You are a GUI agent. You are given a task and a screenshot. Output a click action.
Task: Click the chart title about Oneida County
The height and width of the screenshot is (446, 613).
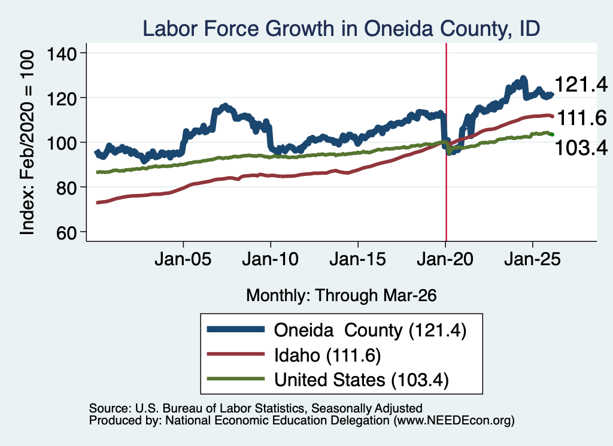pyautogui.click(x=341, y=29)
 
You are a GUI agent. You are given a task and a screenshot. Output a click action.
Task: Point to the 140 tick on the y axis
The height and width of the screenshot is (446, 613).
pyautogui.click(x=62, y=53)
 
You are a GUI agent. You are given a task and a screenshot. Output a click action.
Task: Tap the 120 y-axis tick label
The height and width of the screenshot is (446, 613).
pyautogui.click(x=62, y=99)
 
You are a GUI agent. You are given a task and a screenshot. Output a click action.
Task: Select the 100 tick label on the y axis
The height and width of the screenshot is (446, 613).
pyautogui.click(x=62, y=143)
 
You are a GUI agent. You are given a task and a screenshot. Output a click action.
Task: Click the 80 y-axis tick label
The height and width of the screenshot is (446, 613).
pyautogui.click(x=66, y=188)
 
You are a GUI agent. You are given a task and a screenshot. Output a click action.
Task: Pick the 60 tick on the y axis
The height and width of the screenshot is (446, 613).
pyautogui.click(x=66, y=233)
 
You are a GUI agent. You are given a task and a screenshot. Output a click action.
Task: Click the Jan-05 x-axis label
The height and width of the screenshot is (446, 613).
pyautogui.click(x=183, y=259)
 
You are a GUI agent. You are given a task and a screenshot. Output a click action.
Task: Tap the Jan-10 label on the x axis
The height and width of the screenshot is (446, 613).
pyautogui.click(x=270, y=259)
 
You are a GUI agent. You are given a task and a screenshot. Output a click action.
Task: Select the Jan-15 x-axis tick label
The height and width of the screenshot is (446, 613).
pyautogui.click(x=358, y=259)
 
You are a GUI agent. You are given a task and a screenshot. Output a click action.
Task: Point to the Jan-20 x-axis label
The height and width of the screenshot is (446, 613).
pyautogui.click(x=445, y=259)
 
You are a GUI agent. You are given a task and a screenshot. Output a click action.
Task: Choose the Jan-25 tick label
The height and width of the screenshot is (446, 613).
pyautogui.click(x=532, y=259)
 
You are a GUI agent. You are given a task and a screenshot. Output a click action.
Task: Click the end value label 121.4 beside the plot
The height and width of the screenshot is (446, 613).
pyautogui.click(x=581, y=84)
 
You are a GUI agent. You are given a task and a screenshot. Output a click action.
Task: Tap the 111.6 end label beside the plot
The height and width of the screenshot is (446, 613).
pyautogui.click(x=582, y=118)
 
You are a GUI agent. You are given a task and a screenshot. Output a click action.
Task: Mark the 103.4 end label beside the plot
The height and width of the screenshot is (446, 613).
pyautogui.click(x=581, y=148)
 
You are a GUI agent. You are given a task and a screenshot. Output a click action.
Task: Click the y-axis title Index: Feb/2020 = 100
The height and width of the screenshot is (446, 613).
pyautogui.click(x=27, y=142)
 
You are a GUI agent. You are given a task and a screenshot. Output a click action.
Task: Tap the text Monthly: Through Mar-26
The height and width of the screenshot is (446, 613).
pyautogui.click(x=341, y=296)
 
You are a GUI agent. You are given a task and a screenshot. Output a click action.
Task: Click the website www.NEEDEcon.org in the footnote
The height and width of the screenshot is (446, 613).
pyautogui.click(x=454, y=421)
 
